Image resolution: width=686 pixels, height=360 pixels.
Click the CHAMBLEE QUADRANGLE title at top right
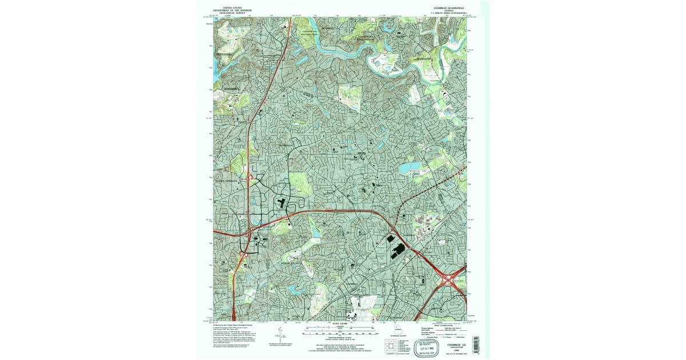[441, 9]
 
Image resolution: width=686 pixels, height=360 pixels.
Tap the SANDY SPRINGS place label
[226, 180]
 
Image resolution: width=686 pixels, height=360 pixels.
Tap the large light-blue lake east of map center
[409, 168]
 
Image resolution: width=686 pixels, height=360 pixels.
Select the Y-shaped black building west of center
[281, 203]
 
